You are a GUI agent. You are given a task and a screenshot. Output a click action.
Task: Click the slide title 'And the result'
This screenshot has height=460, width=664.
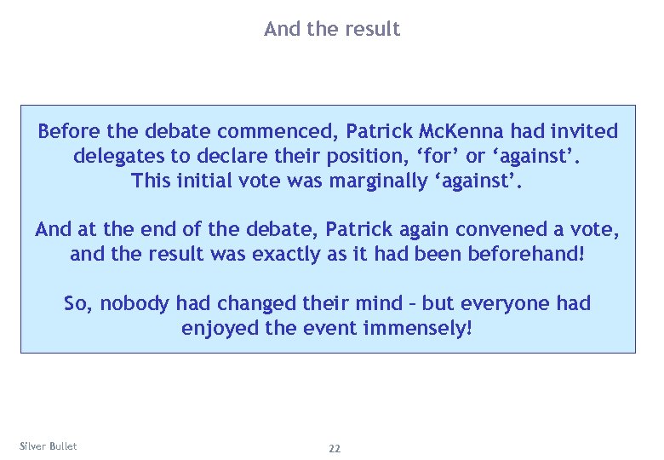point(331,29)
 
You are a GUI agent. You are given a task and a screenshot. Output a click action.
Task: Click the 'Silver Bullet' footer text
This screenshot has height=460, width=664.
point(48,446)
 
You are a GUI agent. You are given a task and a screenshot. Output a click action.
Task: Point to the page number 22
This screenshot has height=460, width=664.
point(335,448)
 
